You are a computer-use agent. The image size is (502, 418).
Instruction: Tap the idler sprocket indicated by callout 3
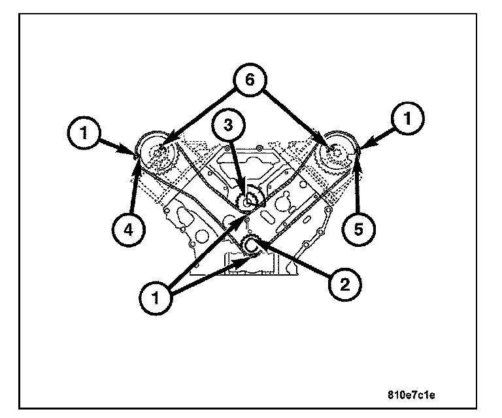(x=248, y=201)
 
